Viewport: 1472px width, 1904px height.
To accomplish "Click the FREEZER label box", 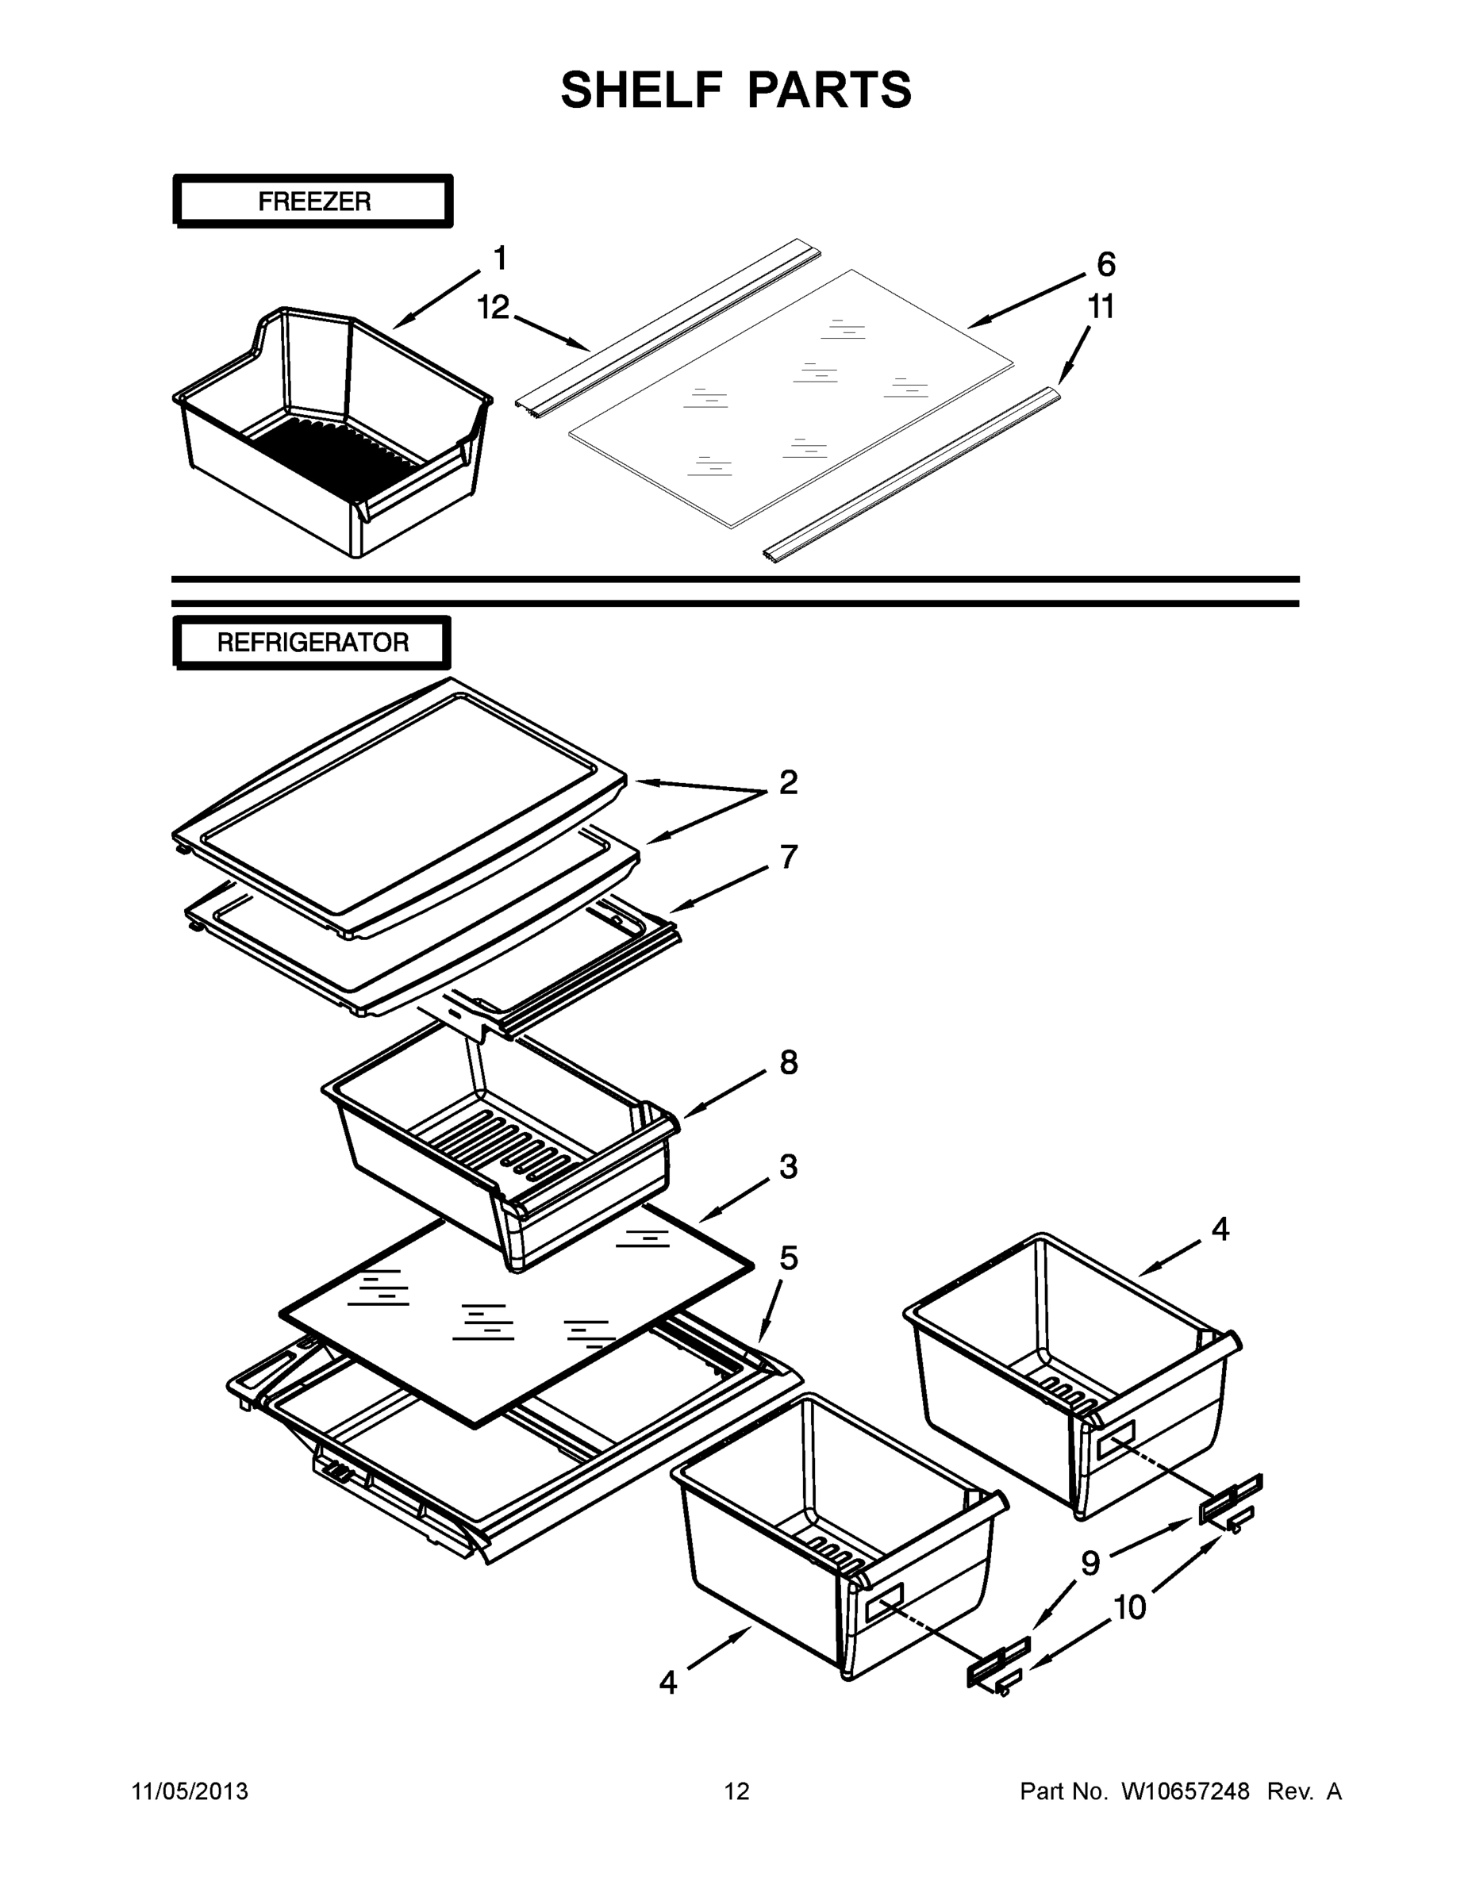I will [x=314, y=202].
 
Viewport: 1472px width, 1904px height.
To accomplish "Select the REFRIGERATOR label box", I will [x=312, y=643].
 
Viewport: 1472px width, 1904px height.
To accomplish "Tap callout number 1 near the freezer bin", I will [x=500, y=258].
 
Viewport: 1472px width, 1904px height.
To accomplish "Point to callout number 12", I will [x=493, y=307].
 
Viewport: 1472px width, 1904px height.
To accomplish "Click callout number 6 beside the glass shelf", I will [x=1105, y=263].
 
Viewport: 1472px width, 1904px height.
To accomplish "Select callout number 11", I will [x=1101, y=307].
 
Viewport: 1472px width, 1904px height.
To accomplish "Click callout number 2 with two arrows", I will [x=787, y=782].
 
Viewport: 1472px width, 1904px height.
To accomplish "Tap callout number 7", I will [x=788, y=857].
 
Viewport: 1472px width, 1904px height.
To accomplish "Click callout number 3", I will [x=788, y=1166].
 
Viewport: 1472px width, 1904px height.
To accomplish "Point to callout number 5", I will [x=788, y=1258].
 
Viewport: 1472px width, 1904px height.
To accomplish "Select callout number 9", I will [x=1090, y=1563].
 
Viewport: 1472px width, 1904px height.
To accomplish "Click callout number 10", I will [x=1130, y=1606].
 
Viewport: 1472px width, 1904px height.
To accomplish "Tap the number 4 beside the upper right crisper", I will [x=1220, y=1229].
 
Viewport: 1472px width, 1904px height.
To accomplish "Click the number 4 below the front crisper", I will [x=668, y=1682].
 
